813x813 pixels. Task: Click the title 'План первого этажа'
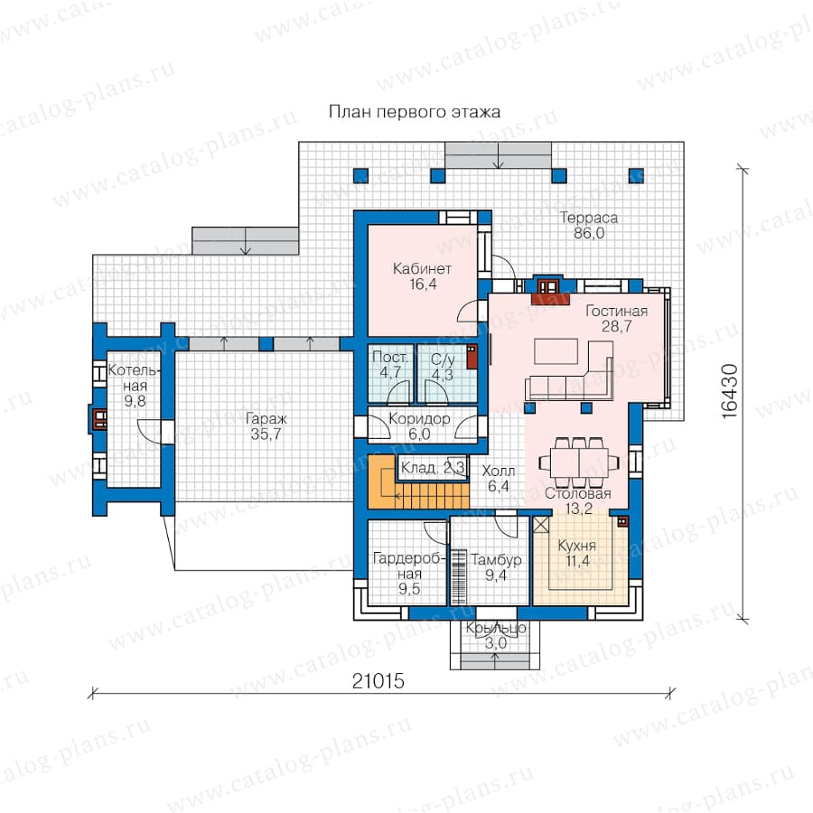click(x=415, y=113)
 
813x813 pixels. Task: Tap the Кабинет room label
click(x=422, y=276)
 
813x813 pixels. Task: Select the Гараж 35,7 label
click(x=266, y=426)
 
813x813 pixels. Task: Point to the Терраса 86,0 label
click(x=589, y=226)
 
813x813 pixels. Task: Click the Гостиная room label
click(x=616, y=318)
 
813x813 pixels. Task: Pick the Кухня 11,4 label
click(x=577, y=553)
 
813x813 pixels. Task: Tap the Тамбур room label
click(x=496, y=567)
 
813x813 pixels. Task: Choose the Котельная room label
click(x=135, y=386)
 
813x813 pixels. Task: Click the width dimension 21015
click(x=378, y=681)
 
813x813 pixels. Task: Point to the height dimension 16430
click(x=729, y=391)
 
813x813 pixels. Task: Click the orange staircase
click(x=418, y=482)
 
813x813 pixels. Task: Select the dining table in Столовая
click(x=579, y=461)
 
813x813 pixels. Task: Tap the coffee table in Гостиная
click(x=556, y=351)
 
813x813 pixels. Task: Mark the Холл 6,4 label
click(x=499, y=479)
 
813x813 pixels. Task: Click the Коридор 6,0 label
click(x=419, y=426)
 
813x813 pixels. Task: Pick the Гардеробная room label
click(x=409, y=574)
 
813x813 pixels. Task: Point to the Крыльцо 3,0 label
click(x=496, y=636)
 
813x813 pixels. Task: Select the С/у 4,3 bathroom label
click(x=443, y=367)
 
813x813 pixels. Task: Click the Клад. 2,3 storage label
click(x=434, y=468)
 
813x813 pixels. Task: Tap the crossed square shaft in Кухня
click(x=541, y=524)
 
